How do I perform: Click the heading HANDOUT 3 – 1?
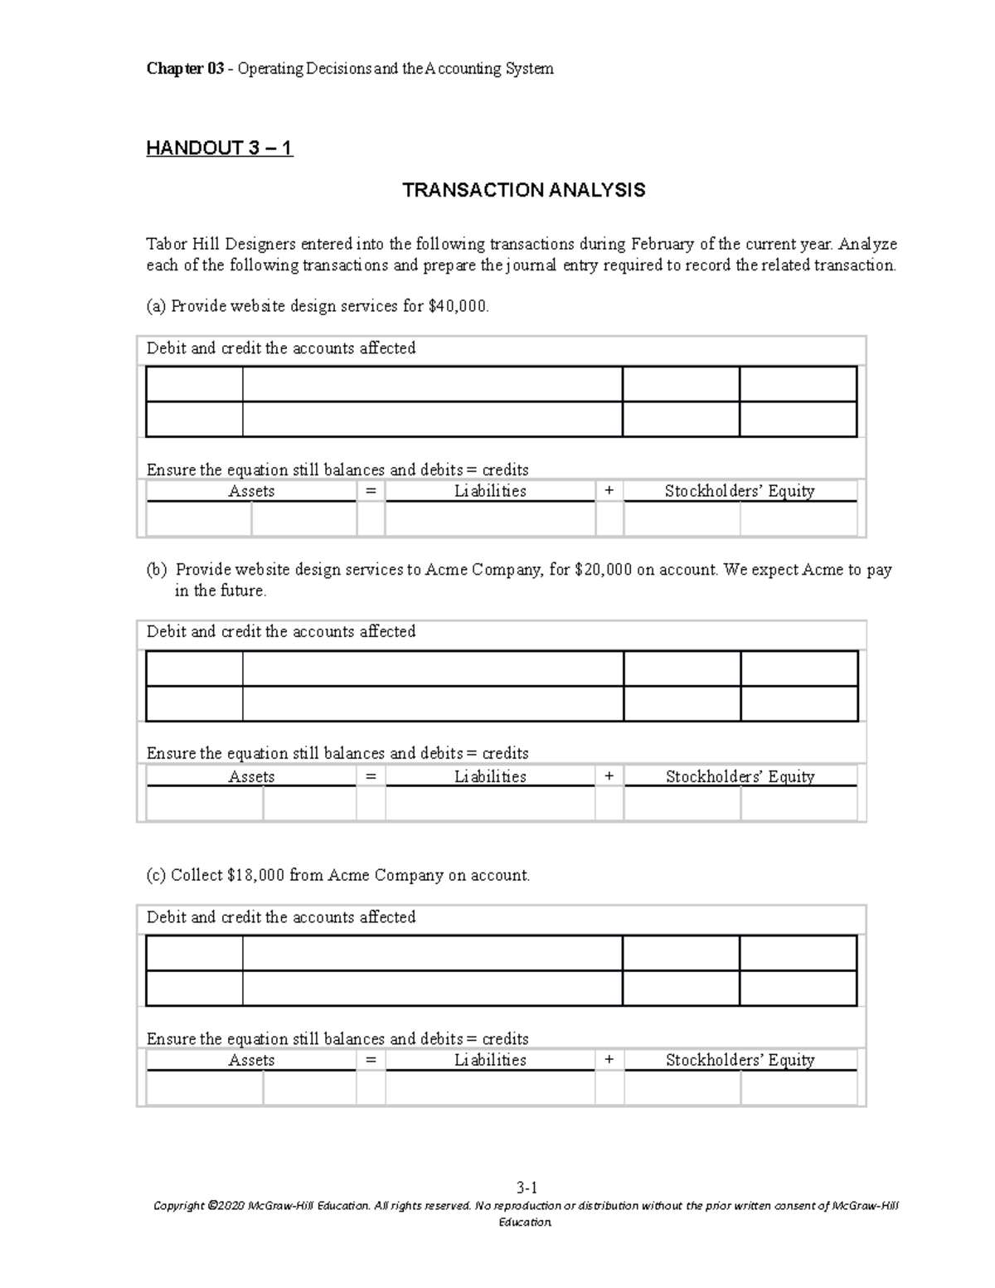pyautogui.click(x=219, y=148)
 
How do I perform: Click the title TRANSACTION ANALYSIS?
pyautogui.click(x=523, y=191)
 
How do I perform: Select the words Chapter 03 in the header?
pyautogui.click(x=185, y=69)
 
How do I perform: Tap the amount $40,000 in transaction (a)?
pyautogui.click(x=458, y=306)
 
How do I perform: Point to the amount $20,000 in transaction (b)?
pyautogui.click(x=603, y=570)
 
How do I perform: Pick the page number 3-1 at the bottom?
pyautogui.click(x=527, y=1188)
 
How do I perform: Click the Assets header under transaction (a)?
pyautogui.click(x=251, y=491)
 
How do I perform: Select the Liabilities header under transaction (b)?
pyautogui.click(x=490, y=776)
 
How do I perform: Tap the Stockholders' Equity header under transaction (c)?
pyautogui.click(x=740, y=1060)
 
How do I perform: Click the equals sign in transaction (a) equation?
pyautogui.click(x=370, y=491)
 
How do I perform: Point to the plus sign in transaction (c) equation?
pyautogui.click(x=609, y=1060)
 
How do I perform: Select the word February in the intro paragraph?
pyautogui.click(x=663, y=244)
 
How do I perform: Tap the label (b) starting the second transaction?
pyautogui.click(x=156, y=570)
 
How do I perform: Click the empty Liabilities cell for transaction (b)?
pyautogui.click(x=490, y=804)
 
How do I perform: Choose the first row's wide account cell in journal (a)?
pyautogui.click(x=432, y=384)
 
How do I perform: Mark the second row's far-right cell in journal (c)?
pyautogui.click(x=798, y=989)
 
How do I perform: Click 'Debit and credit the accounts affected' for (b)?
pyautogui.click(x=281, y=632)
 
